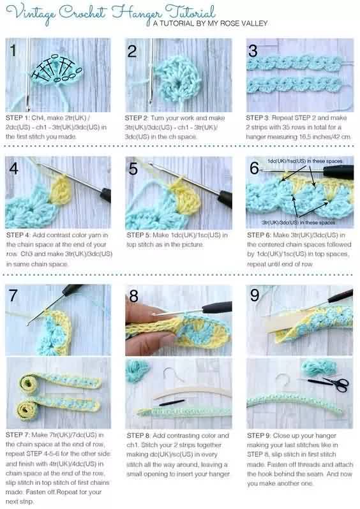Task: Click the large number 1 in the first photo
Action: (x=13, y=50)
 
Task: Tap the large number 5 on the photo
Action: (x=133, y=169)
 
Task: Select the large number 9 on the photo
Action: (x=255, y=295)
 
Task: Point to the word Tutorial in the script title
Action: (x=191, y=12)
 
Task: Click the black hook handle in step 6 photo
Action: (x=338, y=172)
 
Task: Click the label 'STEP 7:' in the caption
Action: (x=17, y=435)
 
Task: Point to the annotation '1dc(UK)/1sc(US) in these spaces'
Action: (x=304, y=161)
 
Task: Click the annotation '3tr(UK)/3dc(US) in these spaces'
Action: (x=299, y=223)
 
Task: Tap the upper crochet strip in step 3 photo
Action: (x=294, y=63)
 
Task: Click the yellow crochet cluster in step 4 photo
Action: (x=61, y=190)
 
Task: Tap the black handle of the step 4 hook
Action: (x=105, y=195)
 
